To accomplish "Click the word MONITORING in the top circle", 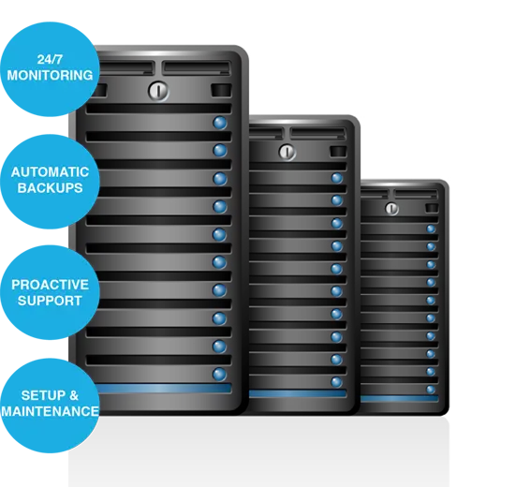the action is click(50, 75).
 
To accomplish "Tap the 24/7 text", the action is click(50, 60).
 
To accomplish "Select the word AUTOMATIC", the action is click(50, 172).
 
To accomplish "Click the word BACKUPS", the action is click(50, 188).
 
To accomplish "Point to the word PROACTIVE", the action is click(50, 285).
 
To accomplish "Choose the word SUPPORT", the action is click(50, 301).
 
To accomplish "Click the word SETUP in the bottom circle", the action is click(42, 395).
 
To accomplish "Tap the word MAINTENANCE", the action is click(50, 411).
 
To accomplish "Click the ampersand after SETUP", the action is click(74, 395).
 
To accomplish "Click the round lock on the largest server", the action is click(158, 91).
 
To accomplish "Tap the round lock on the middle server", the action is click(287, 152).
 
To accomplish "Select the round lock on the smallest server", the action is click(391, 208).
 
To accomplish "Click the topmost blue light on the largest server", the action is click(220, 123).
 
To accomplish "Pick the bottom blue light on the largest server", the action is click(220, 375).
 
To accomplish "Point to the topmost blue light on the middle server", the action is click(337, 178).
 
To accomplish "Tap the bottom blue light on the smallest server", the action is click(431, 390).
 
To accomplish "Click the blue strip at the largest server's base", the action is click(164, 388).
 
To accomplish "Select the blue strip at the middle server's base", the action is click(298, 393).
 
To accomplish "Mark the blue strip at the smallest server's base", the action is click(400, 398).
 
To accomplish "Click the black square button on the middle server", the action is click(338, 151).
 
